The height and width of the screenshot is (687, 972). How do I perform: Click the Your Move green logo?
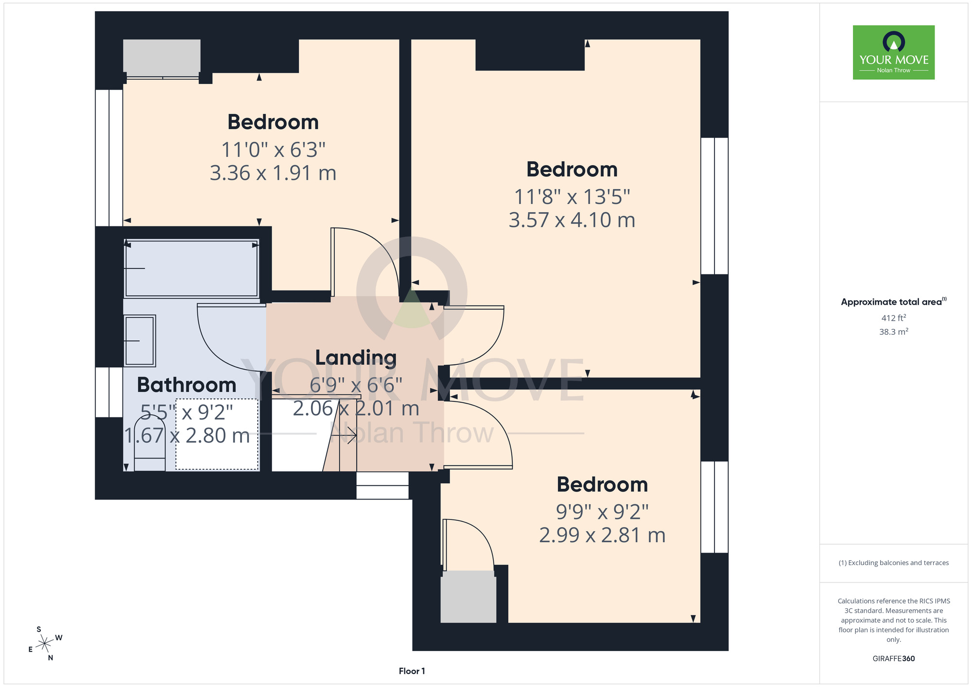tap(893, 52)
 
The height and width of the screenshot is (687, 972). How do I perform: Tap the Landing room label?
tap(356, 358)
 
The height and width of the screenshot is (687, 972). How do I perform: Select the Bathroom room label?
tap(187, 385)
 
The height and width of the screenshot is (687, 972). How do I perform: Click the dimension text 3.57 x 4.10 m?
tap(572, 220)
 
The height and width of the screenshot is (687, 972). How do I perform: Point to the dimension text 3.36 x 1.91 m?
tap(273, 173)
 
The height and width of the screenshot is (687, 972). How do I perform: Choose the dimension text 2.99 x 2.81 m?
tap(602, 535)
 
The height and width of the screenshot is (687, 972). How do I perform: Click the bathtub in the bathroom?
tap(191, 268)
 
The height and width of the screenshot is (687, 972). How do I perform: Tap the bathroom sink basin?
tap(140, 341)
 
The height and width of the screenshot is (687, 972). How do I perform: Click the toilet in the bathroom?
tap(150, 444)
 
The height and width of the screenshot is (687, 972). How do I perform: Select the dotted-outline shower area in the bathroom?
tap(217, 434)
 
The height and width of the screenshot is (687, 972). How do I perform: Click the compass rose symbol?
tap(45, 644)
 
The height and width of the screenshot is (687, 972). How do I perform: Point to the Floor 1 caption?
tap(412, 671)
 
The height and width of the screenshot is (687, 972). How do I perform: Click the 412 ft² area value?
tap(894, 318)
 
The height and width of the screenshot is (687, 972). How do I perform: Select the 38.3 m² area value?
tap(894, 332)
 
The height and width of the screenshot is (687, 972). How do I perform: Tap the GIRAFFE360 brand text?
tap(894, 659)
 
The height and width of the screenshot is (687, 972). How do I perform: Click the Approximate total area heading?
tap(894, 302)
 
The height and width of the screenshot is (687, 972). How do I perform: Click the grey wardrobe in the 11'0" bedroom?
tap(162, 56)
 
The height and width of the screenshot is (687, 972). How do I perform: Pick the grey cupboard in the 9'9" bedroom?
tap(469, 597)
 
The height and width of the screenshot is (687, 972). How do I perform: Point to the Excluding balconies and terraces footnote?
tap(893, 563)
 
